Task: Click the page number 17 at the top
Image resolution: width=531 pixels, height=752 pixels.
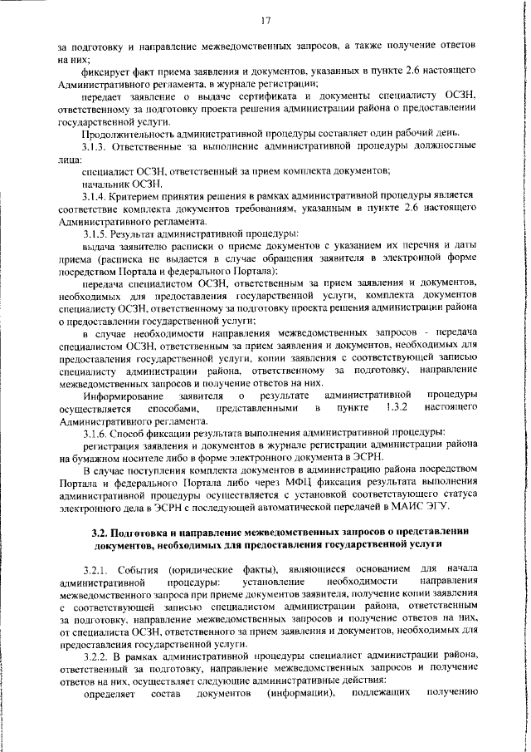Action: tap(265, 19)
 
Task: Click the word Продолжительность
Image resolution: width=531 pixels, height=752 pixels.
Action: tap(133, 134)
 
